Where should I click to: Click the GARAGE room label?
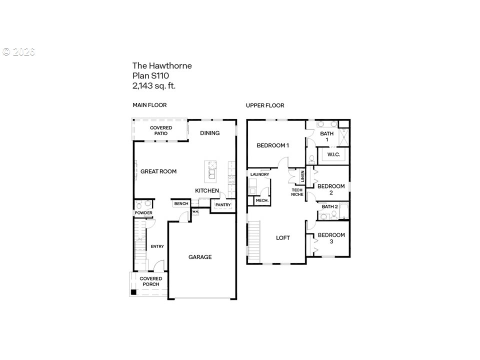click(x=200, y=257)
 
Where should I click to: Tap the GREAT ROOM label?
click(x=158, y=171)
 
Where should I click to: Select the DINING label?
click(x=209, y=133)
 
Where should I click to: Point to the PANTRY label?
click(x=223, y=205)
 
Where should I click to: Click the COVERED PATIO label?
click(x=161, y=130)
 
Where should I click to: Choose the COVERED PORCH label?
click(x=151, y=281)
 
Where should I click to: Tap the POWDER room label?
click(x=143, y=213)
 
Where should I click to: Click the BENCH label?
click(x=181, y=203)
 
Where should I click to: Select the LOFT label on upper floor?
click(x=283, y=238)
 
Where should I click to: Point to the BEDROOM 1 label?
click(x=273, y=145)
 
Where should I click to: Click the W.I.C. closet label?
click(x=333, y=154)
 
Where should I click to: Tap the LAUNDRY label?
click(x=259, y=174)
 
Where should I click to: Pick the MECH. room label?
click(x=262, y=200)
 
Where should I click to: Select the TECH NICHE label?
click(x=297, y=192)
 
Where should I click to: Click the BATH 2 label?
click(x=329, y=206)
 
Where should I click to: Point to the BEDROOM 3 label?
click(x=331, y=238)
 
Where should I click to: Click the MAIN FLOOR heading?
click(x=149, y=105)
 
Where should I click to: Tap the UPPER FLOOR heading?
click(x=265, y=105)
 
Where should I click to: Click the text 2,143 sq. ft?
click(x=154, y=85)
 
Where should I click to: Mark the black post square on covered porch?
click(x=133, y=292)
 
